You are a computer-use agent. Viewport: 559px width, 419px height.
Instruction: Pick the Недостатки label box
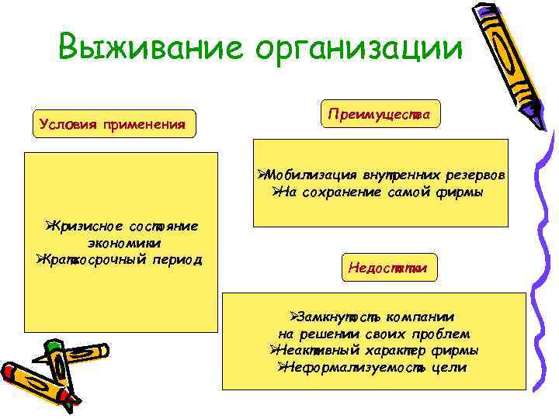tap(388, 268)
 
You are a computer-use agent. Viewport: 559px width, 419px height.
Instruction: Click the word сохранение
tap(340, 192)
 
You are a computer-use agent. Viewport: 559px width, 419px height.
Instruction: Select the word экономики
tap(120, 242)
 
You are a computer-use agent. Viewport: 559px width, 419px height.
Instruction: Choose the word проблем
tap(442, 334)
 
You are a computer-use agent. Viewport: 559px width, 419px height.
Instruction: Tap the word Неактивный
tap(319, 350)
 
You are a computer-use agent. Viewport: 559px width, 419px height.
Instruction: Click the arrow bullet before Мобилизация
tap(262, 175)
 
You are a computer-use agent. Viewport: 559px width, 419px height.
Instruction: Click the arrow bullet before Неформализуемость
tap(283, 366)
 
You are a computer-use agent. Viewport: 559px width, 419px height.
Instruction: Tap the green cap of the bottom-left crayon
tap(52, 346)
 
